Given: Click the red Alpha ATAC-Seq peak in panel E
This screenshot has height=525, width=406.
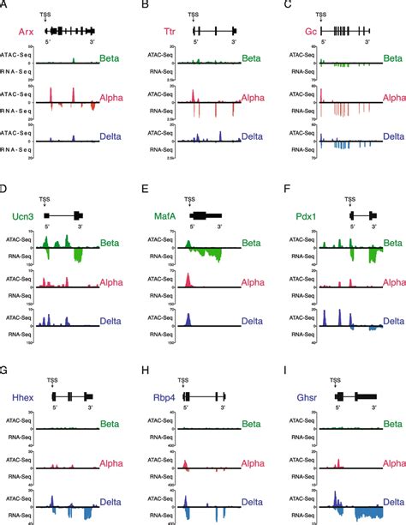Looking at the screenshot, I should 188,281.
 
